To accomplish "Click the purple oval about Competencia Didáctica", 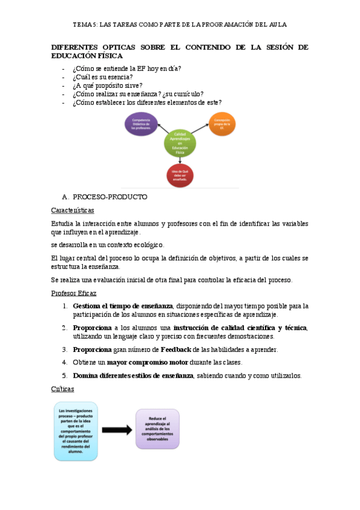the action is click(x=141, y=124).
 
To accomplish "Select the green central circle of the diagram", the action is click(x=180, y=143).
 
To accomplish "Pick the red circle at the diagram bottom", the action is click(x=180, y=175).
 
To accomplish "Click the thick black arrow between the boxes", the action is click(x=117, y=430).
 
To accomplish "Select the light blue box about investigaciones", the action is click(x=76, y=431).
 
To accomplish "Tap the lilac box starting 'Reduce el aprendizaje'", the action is click(x=157, y=429).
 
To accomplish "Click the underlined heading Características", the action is click(x=72, y=210).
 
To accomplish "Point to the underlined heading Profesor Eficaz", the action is click(x=74, y=293).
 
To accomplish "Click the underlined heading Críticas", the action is click(x=63, y=389).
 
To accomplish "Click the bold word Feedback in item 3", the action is click(x=175, y=349).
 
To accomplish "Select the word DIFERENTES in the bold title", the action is click(x=76, y=47).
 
